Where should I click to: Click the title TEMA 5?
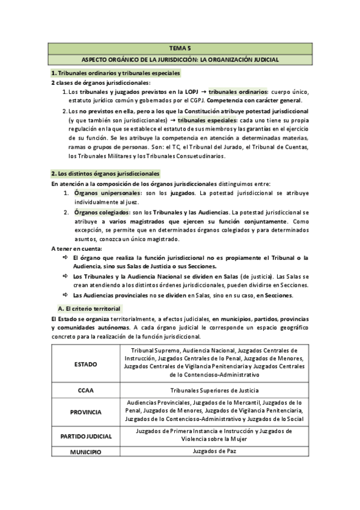coord(180,49)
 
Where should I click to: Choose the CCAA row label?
coord(85,390)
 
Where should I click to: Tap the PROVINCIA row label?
coord(85,412)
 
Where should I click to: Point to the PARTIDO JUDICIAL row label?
coord(85,435)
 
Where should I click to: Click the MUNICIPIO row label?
coord(85,451)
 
